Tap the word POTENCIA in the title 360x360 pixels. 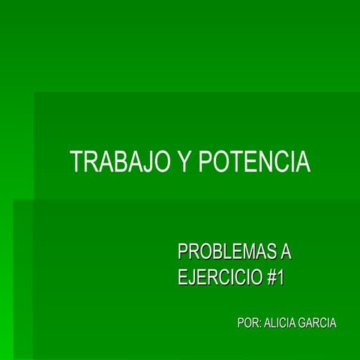pyautogui.click(x=254, y=163)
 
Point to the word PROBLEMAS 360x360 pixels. pyautogui.click(x=224, y=252)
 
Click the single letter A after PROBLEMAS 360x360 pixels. pyautogui.click(x=284, y=252)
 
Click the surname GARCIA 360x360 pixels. pyautogui.click(x=318, y=323)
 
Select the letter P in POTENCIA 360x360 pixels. pyautogui.click(x=205, y=163)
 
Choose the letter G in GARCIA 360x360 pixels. pyautogui.click(x=303, y=323)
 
